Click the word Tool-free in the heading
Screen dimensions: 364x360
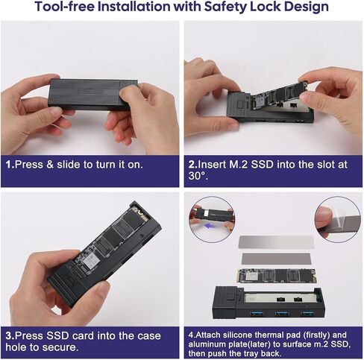point(65,7)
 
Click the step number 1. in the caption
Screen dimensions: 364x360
point(10,165)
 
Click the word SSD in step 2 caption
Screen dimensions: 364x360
point(262,165)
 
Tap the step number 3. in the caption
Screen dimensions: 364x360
point(10,335)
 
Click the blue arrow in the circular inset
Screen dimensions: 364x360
point(209,226)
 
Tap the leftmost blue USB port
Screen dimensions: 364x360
point(255,314)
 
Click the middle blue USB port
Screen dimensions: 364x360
point(282,314)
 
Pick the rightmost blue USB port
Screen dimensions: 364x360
point(308,313)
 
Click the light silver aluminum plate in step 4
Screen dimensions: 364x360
point(276,242)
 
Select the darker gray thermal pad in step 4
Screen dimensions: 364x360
point(276,259)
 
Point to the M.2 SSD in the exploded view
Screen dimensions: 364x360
point(277,276)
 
